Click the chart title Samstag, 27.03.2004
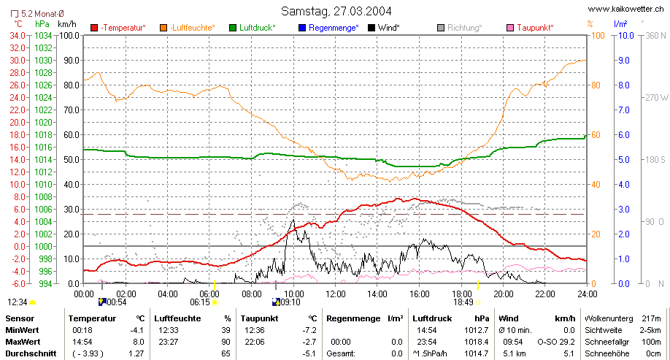[x=336, y=11]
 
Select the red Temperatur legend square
[x=94, y=28]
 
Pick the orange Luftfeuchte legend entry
[x=188, y=28]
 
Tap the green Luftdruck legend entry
[x=253, y=28]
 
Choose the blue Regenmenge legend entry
[x=328, y=28]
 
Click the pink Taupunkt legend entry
[x=530, y=28]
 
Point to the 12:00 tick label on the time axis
[x=336, y=294]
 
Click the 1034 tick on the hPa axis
[x=43, y=36]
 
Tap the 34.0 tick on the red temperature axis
[x=18, y=36]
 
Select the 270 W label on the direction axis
[x=657, y=97]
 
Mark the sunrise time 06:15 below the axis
[x=200, y=302]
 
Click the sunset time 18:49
[x=463, y=302]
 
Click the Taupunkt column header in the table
[x=259, y=318]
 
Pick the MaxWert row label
[x=22, y=342]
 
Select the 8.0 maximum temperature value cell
[x=139, y=342]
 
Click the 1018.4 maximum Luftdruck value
[x=477, y=342]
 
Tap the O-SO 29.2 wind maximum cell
[x=556, y=342]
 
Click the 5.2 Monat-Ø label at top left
[x=38, y=14]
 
